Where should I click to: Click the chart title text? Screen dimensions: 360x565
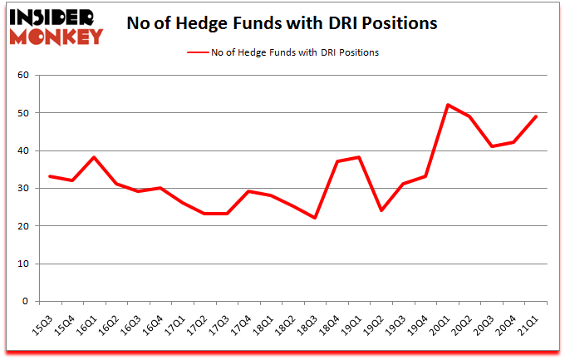pyautogui.click(x=282, y=23)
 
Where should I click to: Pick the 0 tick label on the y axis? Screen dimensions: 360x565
pyautogui.click(x=26, y=302)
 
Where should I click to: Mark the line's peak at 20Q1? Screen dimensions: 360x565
pyautogui.click(x=449, y=105)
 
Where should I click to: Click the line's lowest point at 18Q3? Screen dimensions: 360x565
pyautogui.click(x=314, y=218)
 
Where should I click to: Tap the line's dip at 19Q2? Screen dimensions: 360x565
pyautogui.click(x=381, y=210)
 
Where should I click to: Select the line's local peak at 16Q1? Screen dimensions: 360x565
pyautogui.click(x=96, y=158)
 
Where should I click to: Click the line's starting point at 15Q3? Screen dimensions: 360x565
pyautogui.click(x=51, y=176)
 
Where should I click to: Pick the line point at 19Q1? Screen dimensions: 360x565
pyautogui.click(x=359, y=158)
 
